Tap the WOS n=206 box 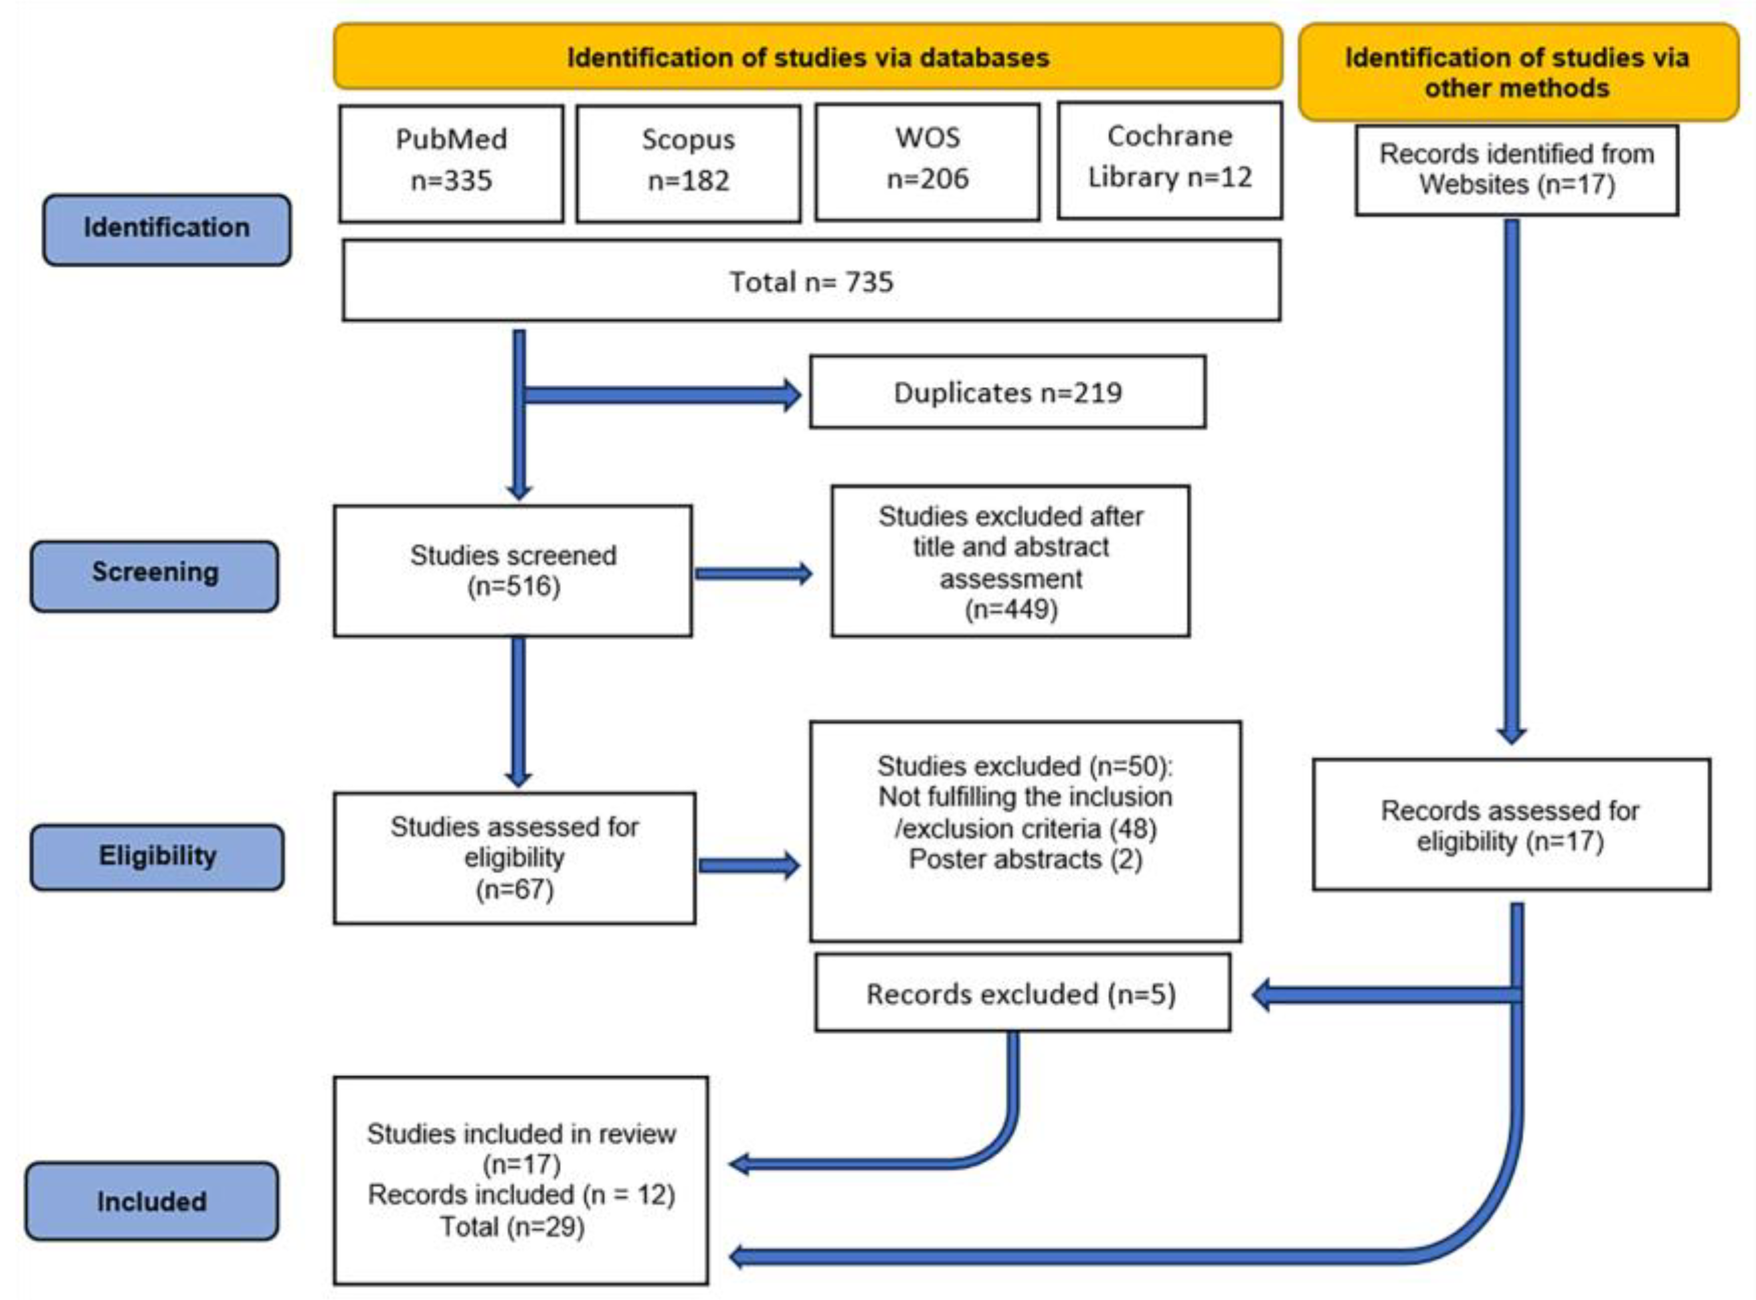pyautogui.click(x=927, y=161)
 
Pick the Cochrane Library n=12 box pyautogui.click(x=1169, y=160)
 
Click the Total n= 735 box pyautogui.click(x=811, y=281)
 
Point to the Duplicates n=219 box pyautogui.click(x=1007, y=392)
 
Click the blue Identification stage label pyautogui.click(x=167, y=229)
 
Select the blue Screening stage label pyautogui.click(x=155, y=574)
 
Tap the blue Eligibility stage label pyautogui.click(x=157, y=856)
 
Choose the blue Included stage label pyautogui.click(x=152, y=1202)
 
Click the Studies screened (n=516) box pyautogui.click(x=513, y=570)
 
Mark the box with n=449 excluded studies pyautogui.click(x=1011, y=561)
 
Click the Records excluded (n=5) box pyautogui.click(x=1022, y=994)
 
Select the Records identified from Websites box pyautogui.click(x=1516, y=169)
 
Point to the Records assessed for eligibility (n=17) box pyautogui.click(x=1510, y=825)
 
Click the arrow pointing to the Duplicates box pyautogui.click(x=661, y=394)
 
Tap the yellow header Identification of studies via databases pyautogui.click(x=808, y=57)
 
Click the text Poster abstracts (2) pyautogui.click(x=1025, y=860)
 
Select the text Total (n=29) pyautogui.click(x=512, y=1226)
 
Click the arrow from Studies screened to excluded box pyautogui.click(x=752, y=574)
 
